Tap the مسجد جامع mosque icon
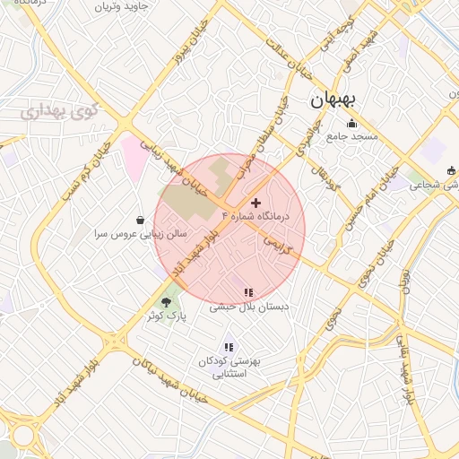(352, 124)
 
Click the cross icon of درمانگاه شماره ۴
(257, 204)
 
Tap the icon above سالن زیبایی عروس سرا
(141, 220)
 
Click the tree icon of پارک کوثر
(165, 302)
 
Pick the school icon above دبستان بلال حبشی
(248, 292)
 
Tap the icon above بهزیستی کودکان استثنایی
(229, 347)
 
